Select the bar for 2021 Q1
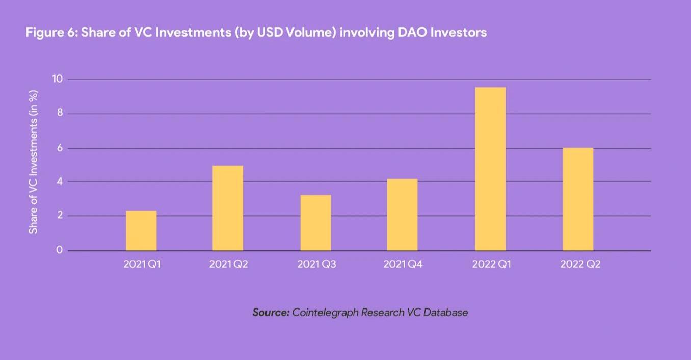coord(141,230)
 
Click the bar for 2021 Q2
coord(228,208)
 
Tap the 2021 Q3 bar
coord(315,223)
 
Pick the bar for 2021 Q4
coord(402,215)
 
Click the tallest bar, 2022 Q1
coord(490,169)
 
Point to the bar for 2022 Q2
coord(578,199)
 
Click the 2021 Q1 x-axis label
coord(142,265)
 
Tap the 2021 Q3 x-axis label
coord(316,265)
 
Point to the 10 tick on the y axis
coord(57,79)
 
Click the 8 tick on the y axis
coord(60,113)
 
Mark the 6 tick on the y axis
coord(60,148)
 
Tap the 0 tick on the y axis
coord(60,250)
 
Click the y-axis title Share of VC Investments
coord(34,162)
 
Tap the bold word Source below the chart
coord(271,312)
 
